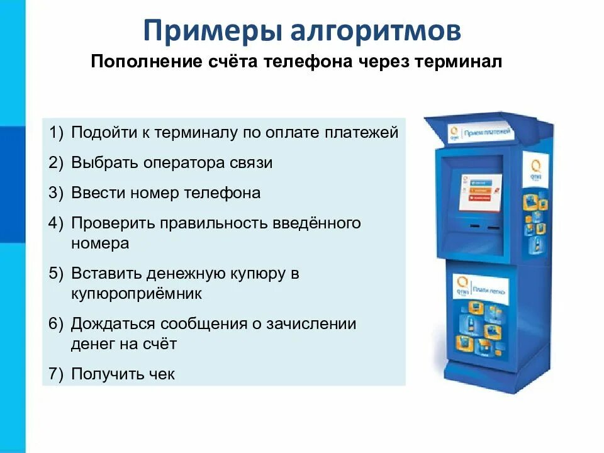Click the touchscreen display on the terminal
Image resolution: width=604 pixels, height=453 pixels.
(x=480, y=191)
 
